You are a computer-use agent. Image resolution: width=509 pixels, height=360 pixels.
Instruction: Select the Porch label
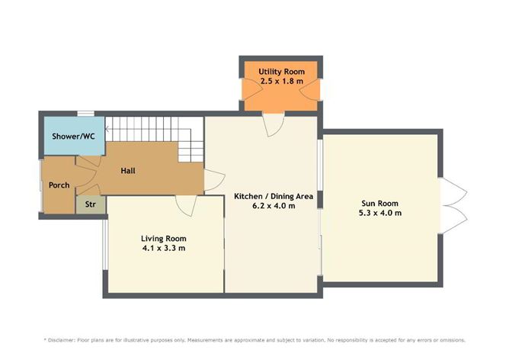(59, 185)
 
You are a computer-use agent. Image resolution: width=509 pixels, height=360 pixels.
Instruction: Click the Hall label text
(129, 171)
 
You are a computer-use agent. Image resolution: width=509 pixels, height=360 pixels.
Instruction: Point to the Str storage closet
(90, 204)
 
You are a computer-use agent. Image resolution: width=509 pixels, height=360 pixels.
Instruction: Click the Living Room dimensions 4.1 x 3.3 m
(164, 248)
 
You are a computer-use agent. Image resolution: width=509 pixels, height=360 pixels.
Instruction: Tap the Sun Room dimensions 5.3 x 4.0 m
(380, 213)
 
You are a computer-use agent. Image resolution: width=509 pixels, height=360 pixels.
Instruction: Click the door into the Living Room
(185, 202)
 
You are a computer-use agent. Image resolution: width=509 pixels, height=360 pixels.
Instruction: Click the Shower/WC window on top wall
(85, 114)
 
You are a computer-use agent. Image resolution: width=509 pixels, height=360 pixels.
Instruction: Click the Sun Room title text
(380, 203)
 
